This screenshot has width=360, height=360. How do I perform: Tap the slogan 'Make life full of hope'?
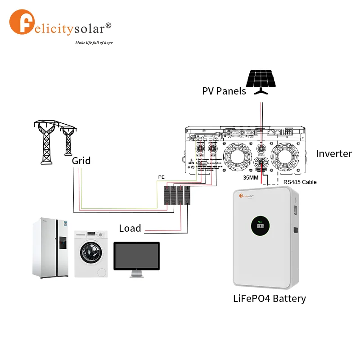94,43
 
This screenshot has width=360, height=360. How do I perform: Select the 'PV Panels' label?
224,91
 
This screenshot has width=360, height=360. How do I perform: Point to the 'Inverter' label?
334,153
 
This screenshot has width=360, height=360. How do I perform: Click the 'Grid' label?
81,161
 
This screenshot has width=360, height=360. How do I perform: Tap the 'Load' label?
130,229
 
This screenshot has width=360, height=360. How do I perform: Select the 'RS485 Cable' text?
300,182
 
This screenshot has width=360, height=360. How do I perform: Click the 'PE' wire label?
161,177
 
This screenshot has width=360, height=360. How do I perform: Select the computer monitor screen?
136,256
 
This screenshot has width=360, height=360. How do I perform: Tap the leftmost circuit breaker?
166,196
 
